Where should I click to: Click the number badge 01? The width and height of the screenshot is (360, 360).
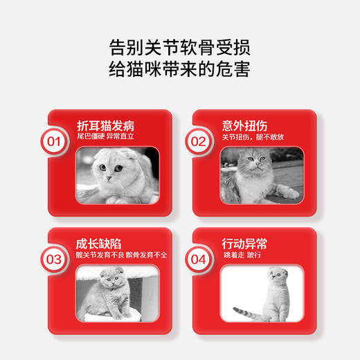tap(53, 142)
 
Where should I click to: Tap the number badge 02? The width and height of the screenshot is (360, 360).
tap(199, 142)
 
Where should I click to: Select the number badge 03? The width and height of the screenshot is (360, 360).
tap(53, 260)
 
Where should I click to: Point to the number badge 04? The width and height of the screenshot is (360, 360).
tap(199, 260)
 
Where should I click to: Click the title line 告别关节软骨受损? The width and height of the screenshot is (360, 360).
tap(180, 48)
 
